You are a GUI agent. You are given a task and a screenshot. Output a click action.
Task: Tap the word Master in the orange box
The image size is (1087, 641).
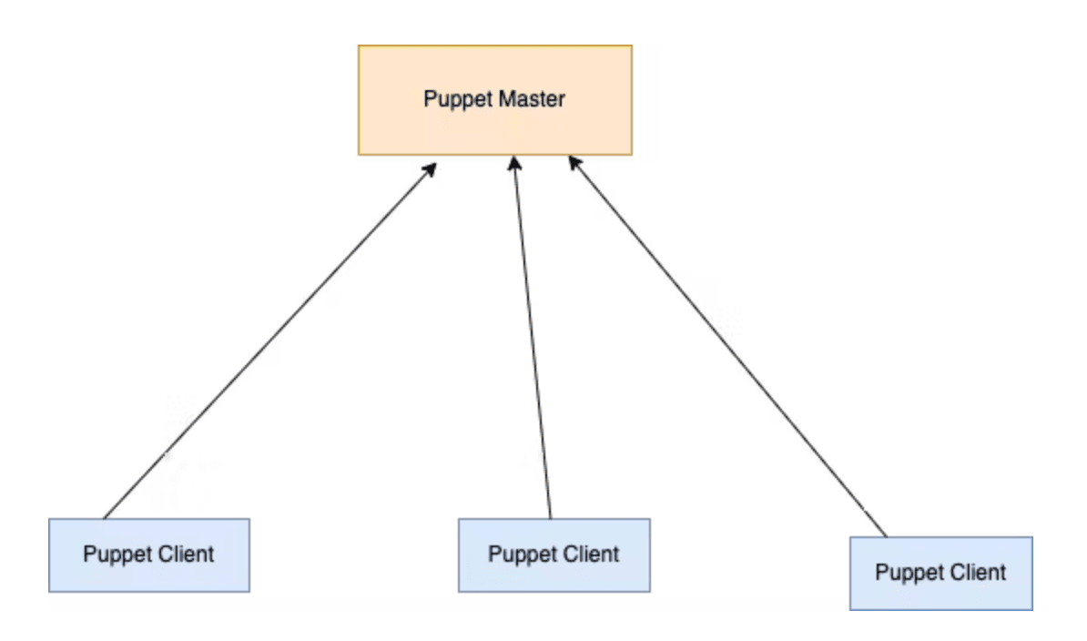(531, 99)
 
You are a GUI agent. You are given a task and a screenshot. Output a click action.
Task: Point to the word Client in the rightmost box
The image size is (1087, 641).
(977, 573)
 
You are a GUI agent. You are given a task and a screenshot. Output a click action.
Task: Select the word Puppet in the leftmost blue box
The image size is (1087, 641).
(113, 554)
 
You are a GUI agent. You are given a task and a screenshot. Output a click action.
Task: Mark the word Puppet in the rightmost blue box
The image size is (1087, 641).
(905, 573)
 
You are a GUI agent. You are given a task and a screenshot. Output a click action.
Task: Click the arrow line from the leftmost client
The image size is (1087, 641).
(269, 343)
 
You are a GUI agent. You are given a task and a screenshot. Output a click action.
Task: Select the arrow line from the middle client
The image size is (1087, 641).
(532, 337)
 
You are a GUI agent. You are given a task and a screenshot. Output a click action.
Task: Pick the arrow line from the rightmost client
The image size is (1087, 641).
(728, 346)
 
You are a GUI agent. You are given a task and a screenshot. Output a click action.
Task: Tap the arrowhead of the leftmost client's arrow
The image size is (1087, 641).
(431, 169)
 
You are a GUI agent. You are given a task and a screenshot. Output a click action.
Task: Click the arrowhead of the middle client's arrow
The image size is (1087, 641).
(514, 162)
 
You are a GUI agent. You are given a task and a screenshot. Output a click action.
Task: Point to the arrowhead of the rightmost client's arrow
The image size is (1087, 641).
(574, 162)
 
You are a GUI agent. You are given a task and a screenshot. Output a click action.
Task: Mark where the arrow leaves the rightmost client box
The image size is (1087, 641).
(885, 535)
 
